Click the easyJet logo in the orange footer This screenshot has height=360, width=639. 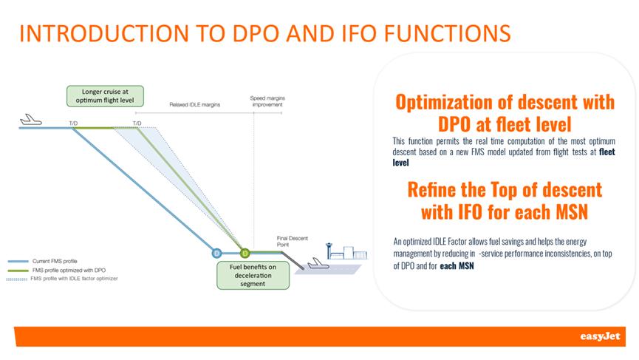click(x=600, y=336)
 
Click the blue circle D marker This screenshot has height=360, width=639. click(x=216, y=253)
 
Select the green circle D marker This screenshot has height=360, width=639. click(x=245, y=253)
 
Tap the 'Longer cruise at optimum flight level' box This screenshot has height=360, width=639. click(x=105, y=96)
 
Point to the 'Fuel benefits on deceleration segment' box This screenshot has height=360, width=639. click(x=253, y=276)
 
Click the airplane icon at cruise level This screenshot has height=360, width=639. click(x=31, y=120)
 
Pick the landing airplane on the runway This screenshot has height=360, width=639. click(x=318, y=264)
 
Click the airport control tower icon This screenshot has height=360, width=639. click(x=329, y=251)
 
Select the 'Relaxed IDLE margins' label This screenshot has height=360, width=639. click(x=195, y=105)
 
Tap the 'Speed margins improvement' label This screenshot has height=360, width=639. click(x=267, y=101)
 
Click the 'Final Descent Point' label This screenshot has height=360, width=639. click(x=293, y=242)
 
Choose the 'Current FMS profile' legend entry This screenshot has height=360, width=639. click(x=42, y=261)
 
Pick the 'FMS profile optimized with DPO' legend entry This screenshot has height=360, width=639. click(x=57, y=271)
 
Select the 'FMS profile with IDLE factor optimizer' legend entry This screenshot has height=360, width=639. click(x=62, y=279)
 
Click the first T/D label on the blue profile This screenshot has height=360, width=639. click(x=73, y=123)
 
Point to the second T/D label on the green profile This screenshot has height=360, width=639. click(x=137, y=123)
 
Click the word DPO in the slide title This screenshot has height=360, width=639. click(x=256, y=33)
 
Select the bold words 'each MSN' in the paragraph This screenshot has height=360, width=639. click(x=457, y=266)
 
